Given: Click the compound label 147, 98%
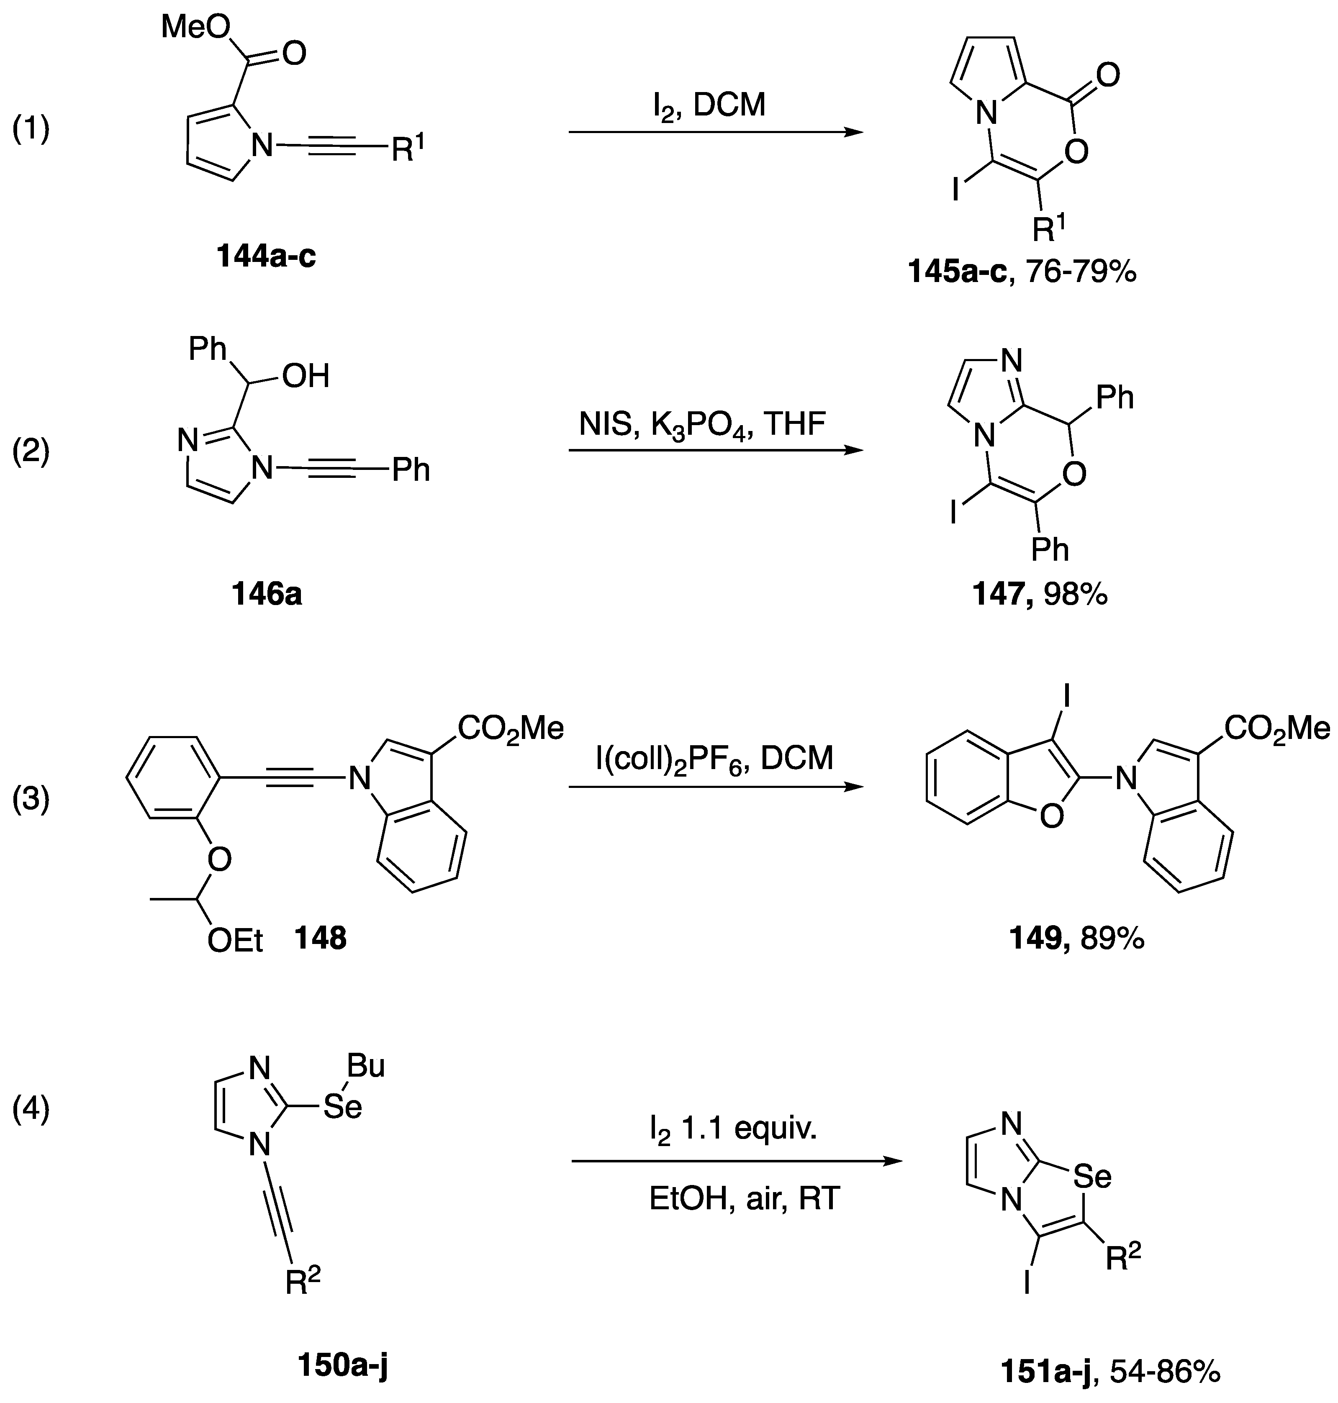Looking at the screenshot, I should tap(1040, 593).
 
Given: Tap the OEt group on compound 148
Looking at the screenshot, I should tap(235, 941).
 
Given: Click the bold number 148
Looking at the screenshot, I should tap(321, 938).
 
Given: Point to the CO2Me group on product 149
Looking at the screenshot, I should tap(1276, 729).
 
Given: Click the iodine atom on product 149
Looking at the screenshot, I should tap(1068, 697).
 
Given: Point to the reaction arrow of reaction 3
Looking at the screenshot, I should tap(715, 787).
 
